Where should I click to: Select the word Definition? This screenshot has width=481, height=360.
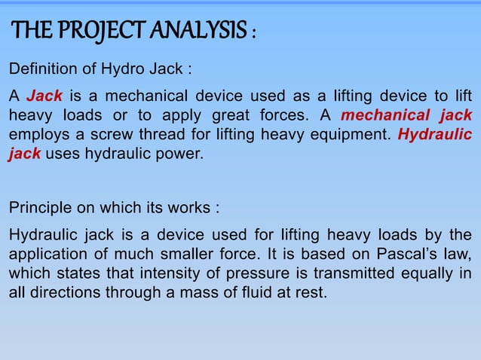41,71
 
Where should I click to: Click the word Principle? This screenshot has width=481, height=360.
38,207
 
